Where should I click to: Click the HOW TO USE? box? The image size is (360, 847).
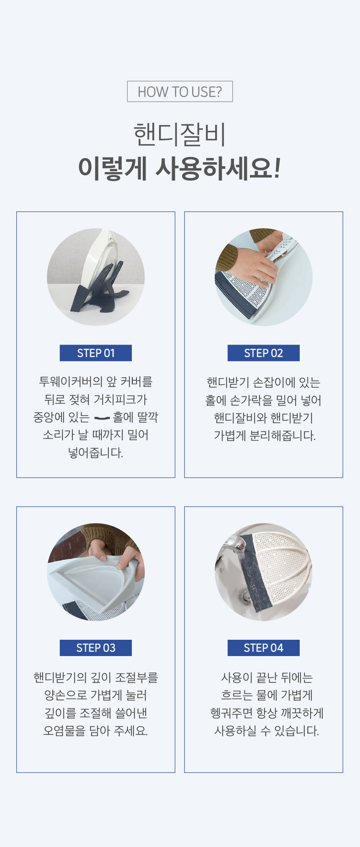coord(180,91)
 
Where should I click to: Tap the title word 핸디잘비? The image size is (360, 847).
coord(180,135)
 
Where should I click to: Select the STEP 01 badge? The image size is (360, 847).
coord(96,353)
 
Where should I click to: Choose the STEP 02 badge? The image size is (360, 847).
coord(264,353)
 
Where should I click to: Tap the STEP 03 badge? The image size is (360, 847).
coord(96,648)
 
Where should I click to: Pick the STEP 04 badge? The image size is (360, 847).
coord(264,648)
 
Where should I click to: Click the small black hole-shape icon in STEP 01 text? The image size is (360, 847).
coord(102,417)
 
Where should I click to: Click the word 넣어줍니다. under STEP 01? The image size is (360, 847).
coord(96,453)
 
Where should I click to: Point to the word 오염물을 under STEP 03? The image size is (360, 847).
coord(64,731)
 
